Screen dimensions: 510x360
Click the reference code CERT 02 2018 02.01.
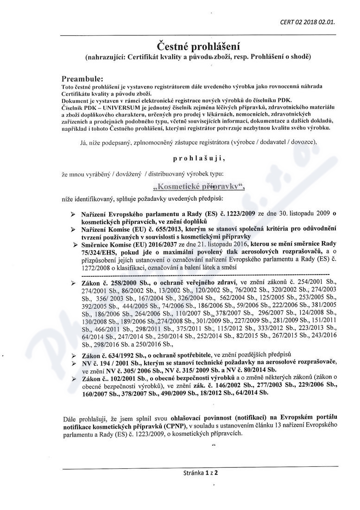point(308,21)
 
